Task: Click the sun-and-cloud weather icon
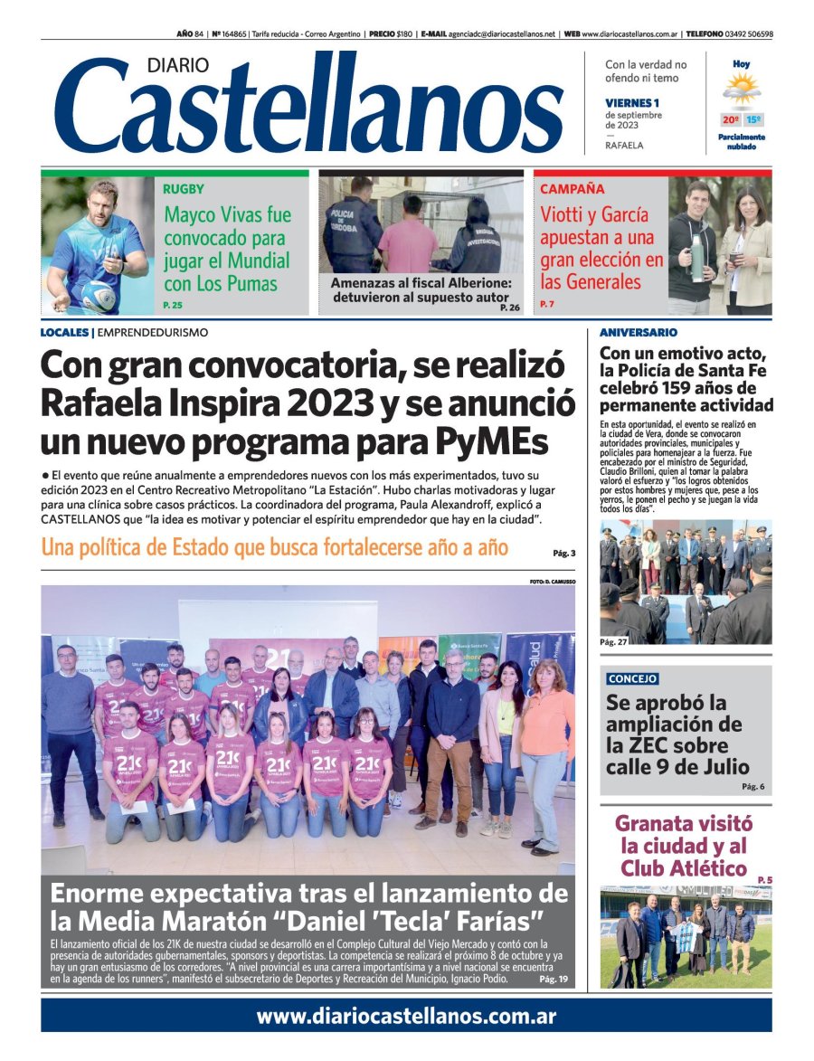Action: point(742,90)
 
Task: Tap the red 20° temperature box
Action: point(730,119)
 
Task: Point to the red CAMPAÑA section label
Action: point(572,190)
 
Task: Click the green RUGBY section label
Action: point(184,190)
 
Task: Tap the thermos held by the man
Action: point(697,257)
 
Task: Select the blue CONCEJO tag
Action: point(632,678)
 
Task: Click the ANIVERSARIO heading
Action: point(638,333)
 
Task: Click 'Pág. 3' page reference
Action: point(563,553)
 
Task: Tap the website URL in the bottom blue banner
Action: point(406,1016)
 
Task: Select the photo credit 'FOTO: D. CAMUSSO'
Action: point(552,581)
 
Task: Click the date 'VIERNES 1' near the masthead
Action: point(632,103)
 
